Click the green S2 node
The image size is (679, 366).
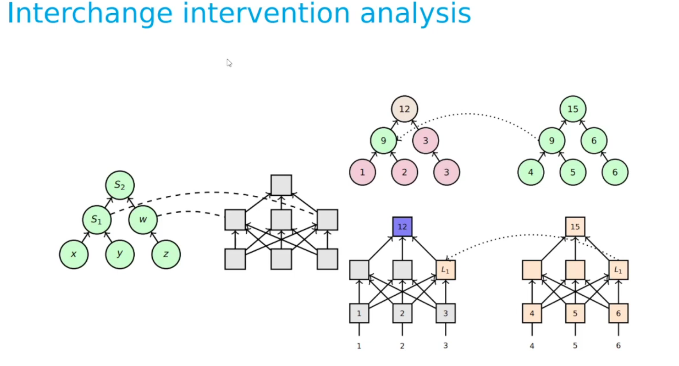click(x=120, y=185)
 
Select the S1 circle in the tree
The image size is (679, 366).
click(x=97, y=220)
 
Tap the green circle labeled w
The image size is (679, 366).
click(x=143, y=220)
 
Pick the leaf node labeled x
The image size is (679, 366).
click(x=74, y=254)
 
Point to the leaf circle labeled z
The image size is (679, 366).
click(x=166, y=254)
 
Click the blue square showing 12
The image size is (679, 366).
click(x=402, y=227)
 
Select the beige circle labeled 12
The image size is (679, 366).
click(x=405, y=109)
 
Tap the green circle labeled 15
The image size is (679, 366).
click(x=573, y=109)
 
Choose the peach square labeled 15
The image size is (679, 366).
click(x=575, y=227)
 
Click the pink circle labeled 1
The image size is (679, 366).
click(x=362, y=172)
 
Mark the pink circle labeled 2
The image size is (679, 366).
click(x=405, y=172)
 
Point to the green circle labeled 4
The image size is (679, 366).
click(x=531, y=172)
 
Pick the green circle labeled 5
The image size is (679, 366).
click(x=573, y=172)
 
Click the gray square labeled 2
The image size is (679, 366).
click(x=402, y=313)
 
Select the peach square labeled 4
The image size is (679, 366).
click(x=532, y=313)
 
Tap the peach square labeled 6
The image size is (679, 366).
click(x=618, y=313)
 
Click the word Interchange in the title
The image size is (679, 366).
click(x=90, y=14)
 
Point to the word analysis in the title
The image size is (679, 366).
click(x=415, y=14)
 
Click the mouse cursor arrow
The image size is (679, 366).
click(x=229, y=63)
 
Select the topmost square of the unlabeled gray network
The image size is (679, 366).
click(x=281, y=185)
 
